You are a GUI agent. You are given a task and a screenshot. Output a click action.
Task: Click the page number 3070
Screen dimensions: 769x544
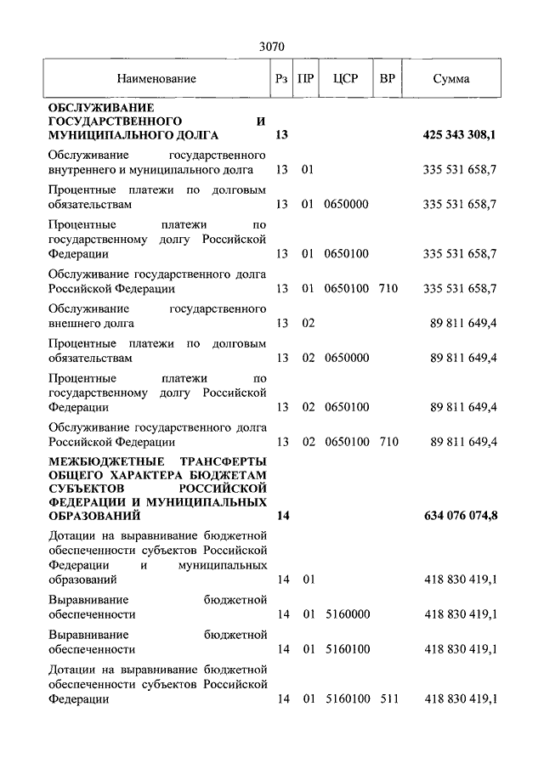coord(272,48)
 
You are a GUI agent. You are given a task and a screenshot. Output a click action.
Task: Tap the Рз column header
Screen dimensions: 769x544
coord(282,79)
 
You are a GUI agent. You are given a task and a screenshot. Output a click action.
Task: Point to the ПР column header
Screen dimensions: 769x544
coord(308,79)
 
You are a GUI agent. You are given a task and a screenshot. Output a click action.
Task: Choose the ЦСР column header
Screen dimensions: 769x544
coord(346,79)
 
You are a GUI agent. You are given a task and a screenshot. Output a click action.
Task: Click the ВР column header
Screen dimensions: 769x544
coord(388,79)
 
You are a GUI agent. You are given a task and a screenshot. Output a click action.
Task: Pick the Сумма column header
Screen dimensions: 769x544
coord(450,79)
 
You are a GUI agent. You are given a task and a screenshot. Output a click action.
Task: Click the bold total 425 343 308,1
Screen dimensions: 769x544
coord(460,135)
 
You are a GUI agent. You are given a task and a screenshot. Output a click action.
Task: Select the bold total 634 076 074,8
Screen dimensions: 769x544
coord(460,516)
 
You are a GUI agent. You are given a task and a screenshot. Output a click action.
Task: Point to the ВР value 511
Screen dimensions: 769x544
coord(388,699)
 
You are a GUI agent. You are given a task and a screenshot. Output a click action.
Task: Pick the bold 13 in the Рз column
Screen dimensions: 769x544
coord(282,135)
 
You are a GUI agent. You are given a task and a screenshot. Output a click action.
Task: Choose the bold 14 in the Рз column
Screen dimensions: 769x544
coord(282,516)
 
